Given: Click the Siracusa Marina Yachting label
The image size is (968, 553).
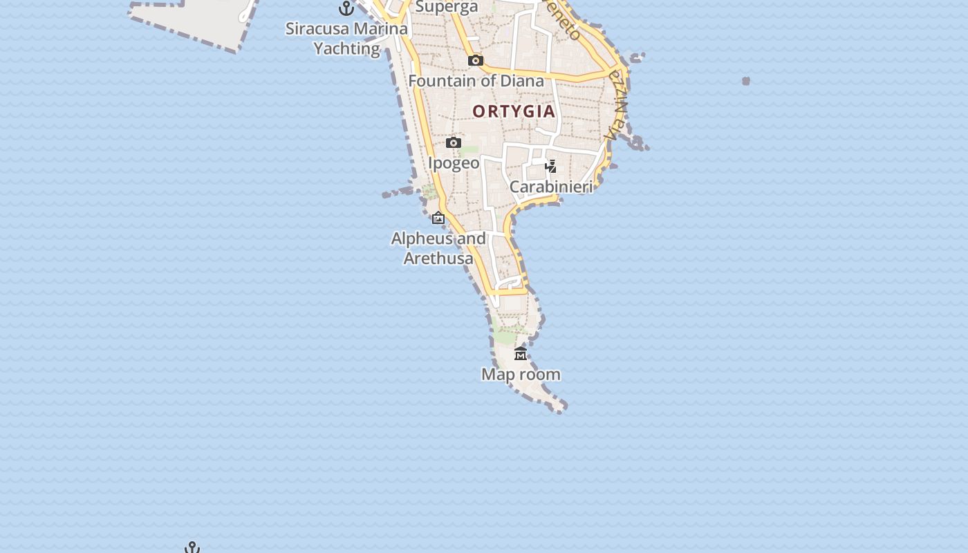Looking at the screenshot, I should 346,39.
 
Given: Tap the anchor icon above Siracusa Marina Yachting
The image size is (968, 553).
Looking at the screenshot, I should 346,8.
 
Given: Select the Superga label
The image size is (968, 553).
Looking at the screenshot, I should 447,7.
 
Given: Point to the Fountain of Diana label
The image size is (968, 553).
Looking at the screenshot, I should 476,81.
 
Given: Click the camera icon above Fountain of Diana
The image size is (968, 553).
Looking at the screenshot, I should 476,61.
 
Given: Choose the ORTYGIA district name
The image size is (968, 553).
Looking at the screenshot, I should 514,111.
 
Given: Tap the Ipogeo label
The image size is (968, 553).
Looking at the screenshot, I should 454,163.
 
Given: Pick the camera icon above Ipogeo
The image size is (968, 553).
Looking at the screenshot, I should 454,143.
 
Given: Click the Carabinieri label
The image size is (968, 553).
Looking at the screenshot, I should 551,187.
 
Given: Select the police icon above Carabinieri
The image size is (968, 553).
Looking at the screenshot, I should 551,167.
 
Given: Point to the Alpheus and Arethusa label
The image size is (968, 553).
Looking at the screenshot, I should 438,248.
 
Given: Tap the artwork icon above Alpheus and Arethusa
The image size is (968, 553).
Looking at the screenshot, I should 438,218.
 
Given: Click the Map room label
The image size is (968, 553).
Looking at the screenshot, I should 521,375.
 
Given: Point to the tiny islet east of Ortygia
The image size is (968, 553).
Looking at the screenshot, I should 746,81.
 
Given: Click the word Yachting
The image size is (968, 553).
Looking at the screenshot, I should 347,49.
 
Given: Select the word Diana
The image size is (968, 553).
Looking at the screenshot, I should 522,81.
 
